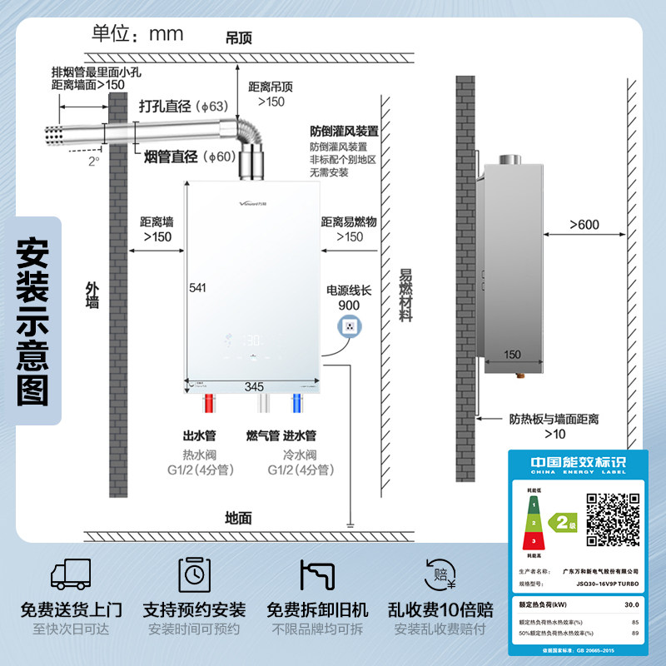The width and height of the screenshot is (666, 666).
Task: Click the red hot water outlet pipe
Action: point(210,406)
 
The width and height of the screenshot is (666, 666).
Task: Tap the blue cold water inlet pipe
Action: point(296,406)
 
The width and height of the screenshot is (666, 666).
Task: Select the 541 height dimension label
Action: point(197,288)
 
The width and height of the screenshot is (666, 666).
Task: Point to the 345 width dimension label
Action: point(254,386)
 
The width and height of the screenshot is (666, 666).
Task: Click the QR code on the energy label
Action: point(614,519)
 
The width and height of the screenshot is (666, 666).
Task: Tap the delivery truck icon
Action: point(71,574)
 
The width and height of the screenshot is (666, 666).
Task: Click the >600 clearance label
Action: point(584,225)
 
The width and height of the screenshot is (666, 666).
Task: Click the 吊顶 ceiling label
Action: point(239,38)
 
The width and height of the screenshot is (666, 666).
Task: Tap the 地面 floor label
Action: point(239,518)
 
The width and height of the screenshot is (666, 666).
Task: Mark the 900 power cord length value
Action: point(349,306)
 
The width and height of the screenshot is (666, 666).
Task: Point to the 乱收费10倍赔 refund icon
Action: point(440,574)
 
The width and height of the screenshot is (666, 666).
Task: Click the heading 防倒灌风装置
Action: point(344,131)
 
